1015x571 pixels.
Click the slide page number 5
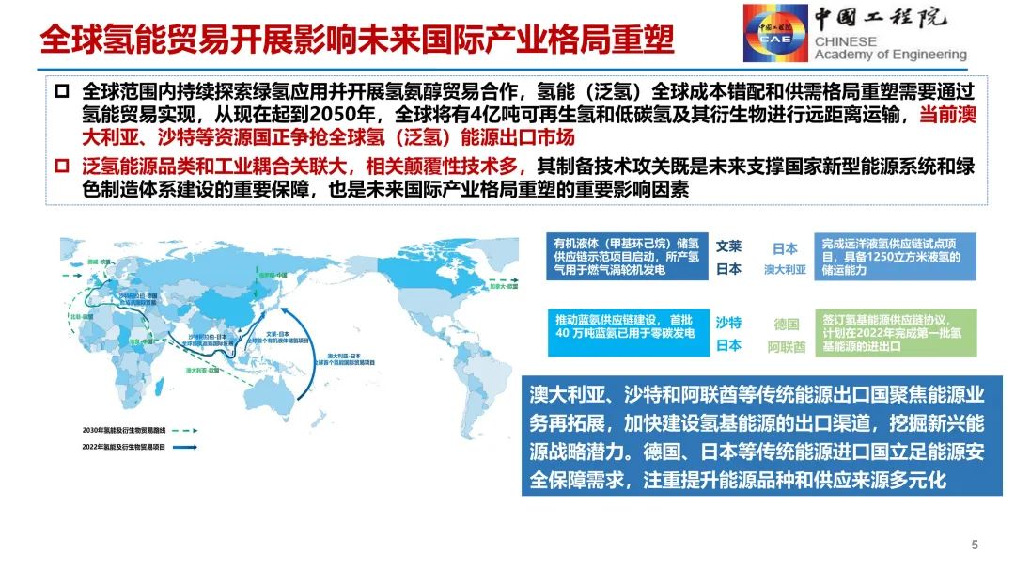(975, 545)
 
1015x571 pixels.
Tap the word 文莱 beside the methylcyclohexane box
(728, 246)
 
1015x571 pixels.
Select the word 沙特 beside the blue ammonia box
(728, 323)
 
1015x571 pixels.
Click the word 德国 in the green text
(786, 325)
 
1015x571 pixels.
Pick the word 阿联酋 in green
(786, 346)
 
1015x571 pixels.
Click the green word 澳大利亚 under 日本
(785, 269)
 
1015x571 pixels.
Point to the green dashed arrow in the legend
(191, 430)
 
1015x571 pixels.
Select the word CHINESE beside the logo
(845, 41)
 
